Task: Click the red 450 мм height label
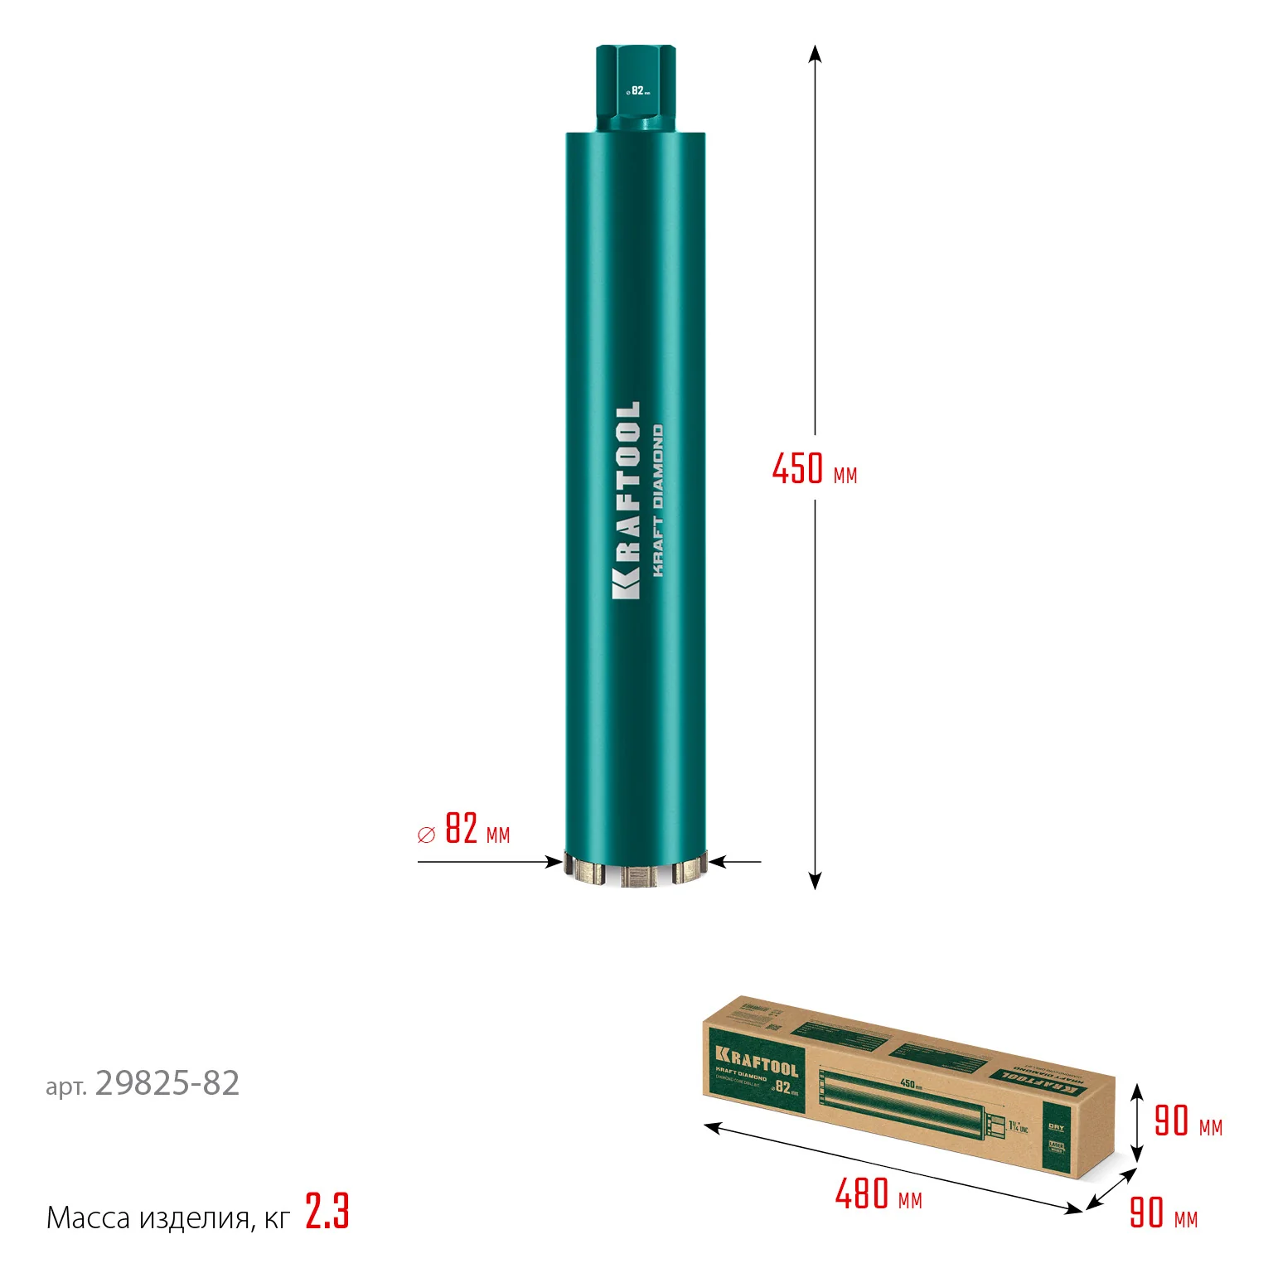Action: [814, 469]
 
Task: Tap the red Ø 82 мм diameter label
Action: [464, 829]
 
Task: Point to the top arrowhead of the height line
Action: [815, 53]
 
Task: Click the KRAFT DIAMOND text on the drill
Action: [658, 501]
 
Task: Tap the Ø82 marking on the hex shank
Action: [637, 90]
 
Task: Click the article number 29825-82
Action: [167, 1083]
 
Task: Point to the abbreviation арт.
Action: [66, 1087]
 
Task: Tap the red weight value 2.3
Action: [327, 1212]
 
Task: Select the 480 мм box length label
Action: [879, 1194]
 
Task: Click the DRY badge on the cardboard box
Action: [1056, 1128]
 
